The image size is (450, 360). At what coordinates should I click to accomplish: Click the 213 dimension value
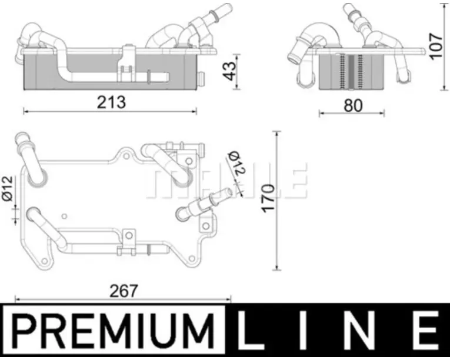click(x=111, y=102)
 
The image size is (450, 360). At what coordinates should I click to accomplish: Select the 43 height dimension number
click(x=229, y=71)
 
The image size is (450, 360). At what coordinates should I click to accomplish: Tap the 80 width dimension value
click(x=354, y=105)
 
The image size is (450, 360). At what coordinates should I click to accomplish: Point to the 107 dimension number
click(x=436, y=46)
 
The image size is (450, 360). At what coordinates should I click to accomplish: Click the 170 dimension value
click(x=268, y=198)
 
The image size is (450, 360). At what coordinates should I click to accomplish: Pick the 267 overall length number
click(x=124, y=291)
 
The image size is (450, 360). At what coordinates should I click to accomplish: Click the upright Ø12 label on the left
click(x=8, y=188)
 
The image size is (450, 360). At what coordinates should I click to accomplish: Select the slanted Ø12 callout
click(x=236, y=163)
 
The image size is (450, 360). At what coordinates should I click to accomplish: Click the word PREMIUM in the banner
click(x=114, y=331)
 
